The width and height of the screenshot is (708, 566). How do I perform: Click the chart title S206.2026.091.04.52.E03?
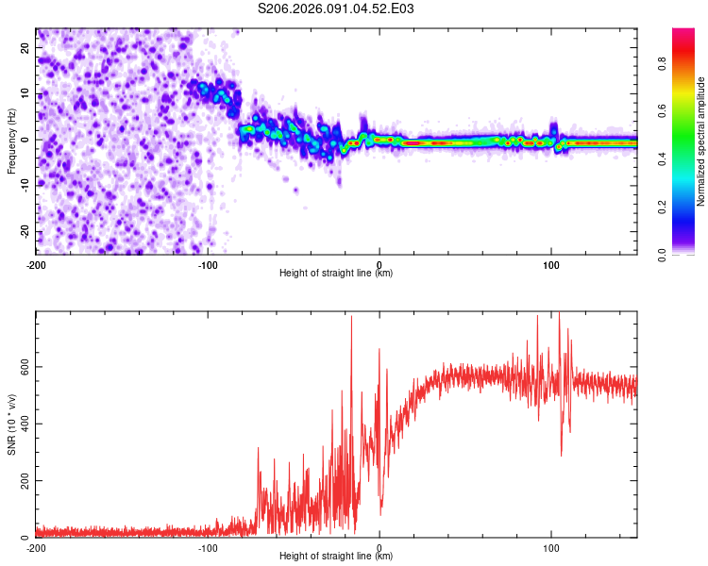click(x=336, y=8)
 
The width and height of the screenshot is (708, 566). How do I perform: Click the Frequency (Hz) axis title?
click(x=11, y=141)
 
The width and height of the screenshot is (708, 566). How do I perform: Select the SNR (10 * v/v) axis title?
click(x=11, y=424)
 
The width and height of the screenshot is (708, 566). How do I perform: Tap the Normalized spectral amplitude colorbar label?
click(x=701, y=142)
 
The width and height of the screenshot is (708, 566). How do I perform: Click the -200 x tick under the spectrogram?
click(x=36, y=265)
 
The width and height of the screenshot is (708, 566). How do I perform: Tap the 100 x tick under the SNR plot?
click(x=551, y=548)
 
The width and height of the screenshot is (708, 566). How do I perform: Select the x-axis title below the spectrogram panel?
click(x=336, y=274)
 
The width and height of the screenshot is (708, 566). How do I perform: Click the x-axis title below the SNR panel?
click(x=336, y=557)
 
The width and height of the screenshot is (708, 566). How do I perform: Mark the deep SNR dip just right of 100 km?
click(x=562, y=456)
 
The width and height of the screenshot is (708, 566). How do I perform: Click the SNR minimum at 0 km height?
click(x=380, y=514)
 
